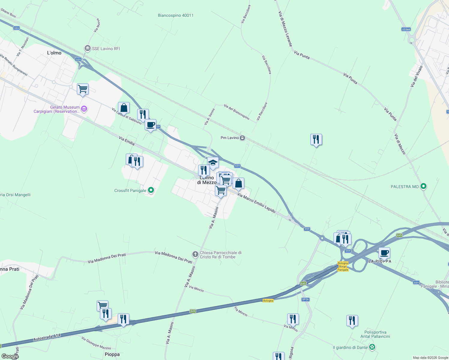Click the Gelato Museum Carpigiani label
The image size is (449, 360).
(57, 109)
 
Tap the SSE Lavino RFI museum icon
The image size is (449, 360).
(87, 48)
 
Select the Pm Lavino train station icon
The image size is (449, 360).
(243, 138)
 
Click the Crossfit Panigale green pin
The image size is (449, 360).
(151, 190)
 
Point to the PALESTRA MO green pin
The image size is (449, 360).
(423, 186)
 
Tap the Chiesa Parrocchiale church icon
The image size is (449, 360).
(195, 255)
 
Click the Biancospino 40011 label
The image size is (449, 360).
(176, 15)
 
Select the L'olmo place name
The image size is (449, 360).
(54, 53)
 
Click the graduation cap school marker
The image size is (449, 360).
(213, 163)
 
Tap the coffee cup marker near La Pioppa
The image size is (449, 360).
(384, 253)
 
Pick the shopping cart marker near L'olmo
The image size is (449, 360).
(83, 89)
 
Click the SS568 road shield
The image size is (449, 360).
(406, 29)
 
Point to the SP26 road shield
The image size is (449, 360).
(305, 299)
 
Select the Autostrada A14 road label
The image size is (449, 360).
(47, 338)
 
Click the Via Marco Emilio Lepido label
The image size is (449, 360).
(256, 203)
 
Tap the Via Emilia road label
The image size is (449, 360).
(127, 141)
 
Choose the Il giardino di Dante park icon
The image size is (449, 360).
(372, 347)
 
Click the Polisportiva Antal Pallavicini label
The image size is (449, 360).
(375, 334)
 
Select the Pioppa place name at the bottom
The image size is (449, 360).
(112, 354)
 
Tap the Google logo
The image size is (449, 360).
(10, 356)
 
